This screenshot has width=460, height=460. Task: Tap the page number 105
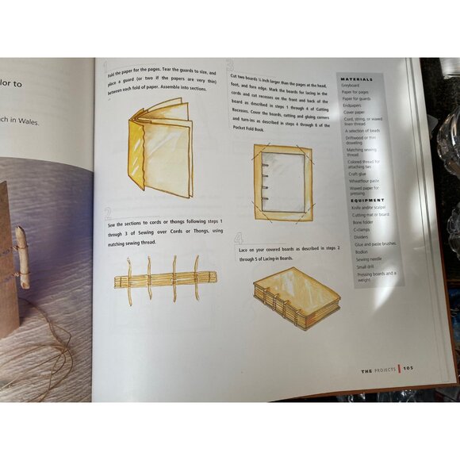[408, 368]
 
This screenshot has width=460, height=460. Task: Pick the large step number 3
[228, 67]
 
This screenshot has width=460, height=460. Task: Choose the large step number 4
[239, 238]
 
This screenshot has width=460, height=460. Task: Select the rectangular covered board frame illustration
[282, 182]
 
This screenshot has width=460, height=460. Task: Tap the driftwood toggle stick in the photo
[21, 257]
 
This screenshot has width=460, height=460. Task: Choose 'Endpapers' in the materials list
[354, 103]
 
